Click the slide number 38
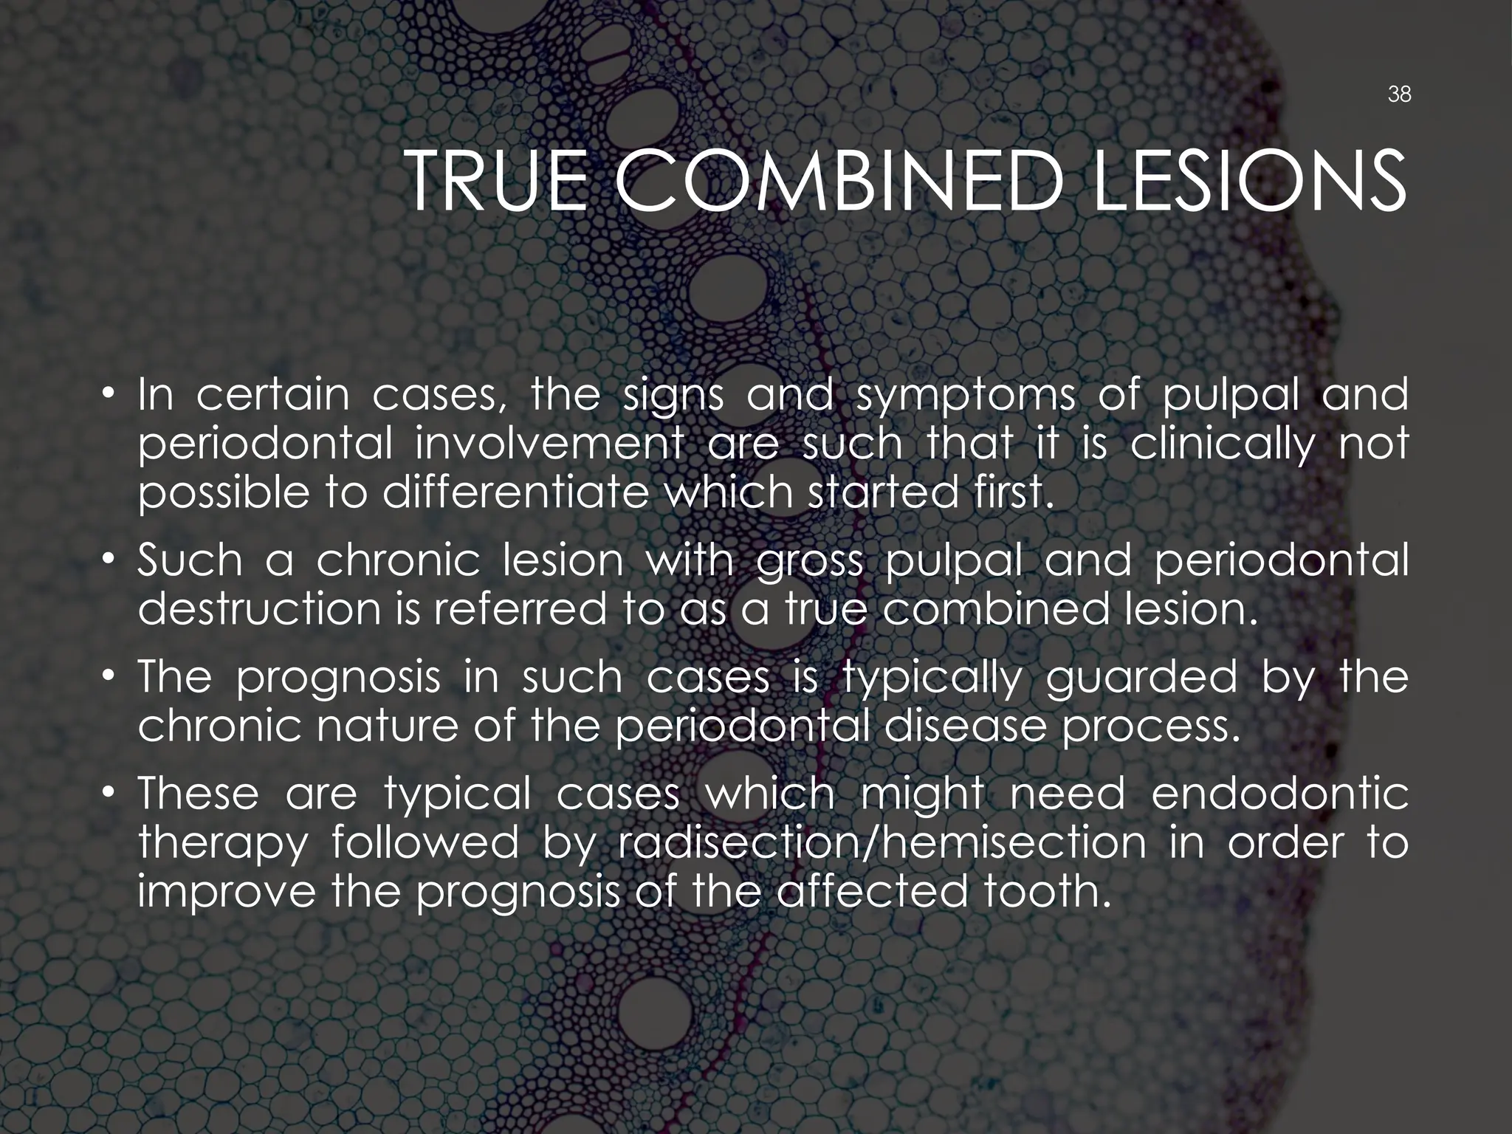(x=1399, y=94)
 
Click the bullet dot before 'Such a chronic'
(x=109, y=561)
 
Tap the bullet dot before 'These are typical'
(x=109, y=794)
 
